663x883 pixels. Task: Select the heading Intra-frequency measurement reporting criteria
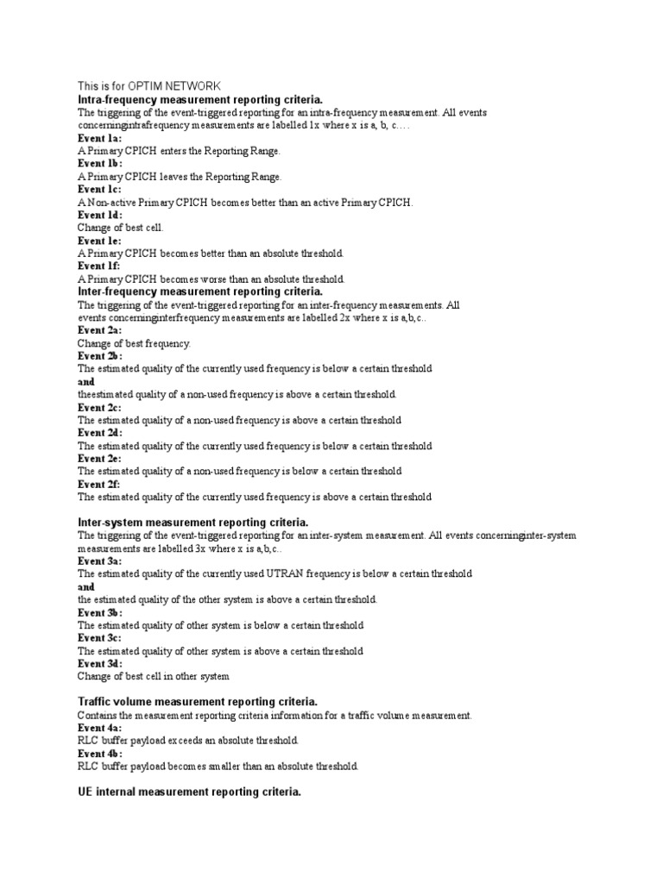point(199,100)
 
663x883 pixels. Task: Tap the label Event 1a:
point(100,138)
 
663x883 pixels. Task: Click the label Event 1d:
point(100,215)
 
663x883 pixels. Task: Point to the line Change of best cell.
point(120,228)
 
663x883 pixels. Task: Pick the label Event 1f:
point(100,266)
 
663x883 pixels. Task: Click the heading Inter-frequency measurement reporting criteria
point(199,291)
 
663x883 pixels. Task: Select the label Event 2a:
point(100,330)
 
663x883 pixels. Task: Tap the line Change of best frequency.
point(134,343)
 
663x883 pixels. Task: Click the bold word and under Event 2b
point(85,381)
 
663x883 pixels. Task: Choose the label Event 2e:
point(100,459)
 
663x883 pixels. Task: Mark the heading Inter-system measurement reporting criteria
point(193,523)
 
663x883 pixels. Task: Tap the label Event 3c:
point(100,638)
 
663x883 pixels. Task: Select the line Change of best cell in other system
point(154,677)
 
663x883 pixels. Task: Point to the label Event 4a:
point(100,728)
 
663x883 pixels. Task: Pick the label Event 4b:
point(100,754)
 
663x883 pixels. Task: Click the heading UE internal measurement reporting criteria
point(189,792)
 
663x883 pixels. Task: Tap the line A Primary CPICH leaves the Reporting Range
point(180,177)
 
